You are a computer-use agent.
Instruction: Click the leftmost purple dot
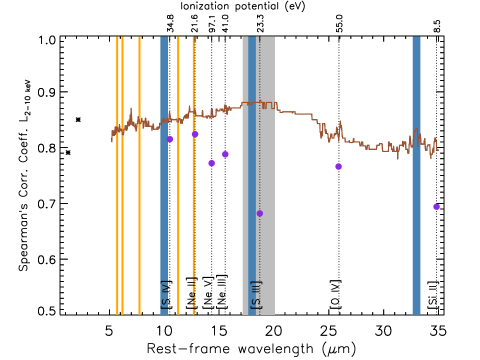pyautogui.click(x=170, y=139)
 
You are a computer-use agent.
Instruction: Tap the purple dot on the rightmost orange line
pyautogui.click(x=195, y=134)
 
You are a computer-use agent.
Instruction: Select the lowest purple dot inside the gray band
pyautogui.click(x=259, y=213)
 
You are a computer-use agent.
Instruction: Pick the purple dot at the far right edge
pyautogui.click(x=436, y=207)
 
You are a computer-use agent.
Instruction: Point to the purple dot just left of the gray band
pyautogui.click(x=225, y=154)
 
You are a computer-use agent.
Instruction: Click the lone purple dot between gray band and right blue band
pyautogui.click(x=338, y=166)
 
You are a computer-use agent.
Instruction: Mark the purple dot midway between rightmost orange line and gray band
pyautogui.click(x=211, y=163)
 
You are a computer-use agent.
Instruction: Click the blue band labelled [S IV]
pyautogui.click(x=164, y=200)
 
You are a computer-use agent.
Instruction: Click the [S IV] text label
pyautogui.click(x=165, y=294)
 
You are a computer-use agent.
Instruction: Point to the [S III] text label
pyautogui.click(x=256, y=294)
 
